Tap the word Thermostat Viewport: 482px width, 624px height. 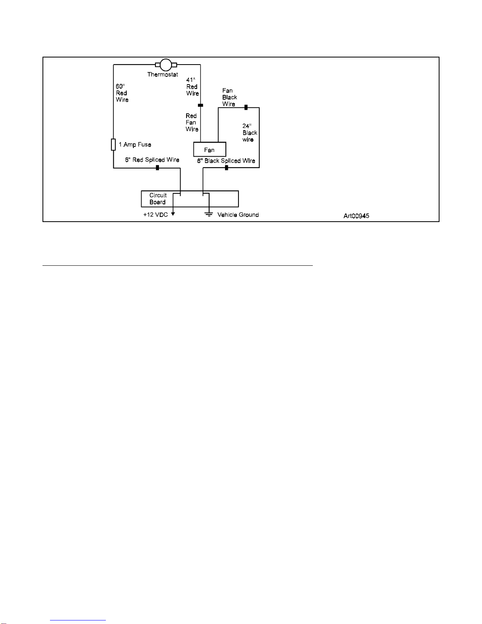point(163,74)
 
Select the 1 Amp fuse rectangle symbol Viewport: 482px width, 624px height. point(113,144)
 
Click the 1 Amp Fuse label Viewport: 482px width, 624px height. point(135,144)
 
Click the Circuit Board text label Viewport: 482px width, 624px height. point(158,199)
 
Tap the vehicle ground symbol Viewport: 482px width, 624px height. point(209,214)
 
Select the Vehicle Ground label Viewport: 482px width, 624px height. point(238,215)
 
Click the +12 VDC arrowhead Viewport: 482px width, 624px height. point(173,214)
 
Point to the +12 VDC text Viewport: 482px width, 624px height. point(155,215)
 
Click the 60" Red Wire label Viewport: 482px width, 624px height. point(122,93)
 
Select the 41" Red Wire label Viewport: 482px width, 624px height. point(192,87)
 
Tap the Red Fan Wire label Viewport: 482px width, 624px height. point(192,122)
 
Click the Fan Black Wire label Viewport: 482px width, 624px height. point(229,97)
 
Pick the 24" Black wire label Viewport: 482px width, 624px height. point(250,133)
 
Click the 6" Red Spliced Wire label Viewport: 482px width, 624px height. point(152,160)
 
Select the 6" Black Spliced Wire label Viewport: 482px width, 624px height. point(226,161)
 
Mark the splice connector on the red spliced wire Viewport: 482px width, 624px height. point(157,168)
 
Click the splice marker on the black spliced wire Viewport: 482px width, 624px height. point(226,168)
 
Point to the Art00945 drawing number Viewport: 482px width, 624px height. point(356,216)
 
